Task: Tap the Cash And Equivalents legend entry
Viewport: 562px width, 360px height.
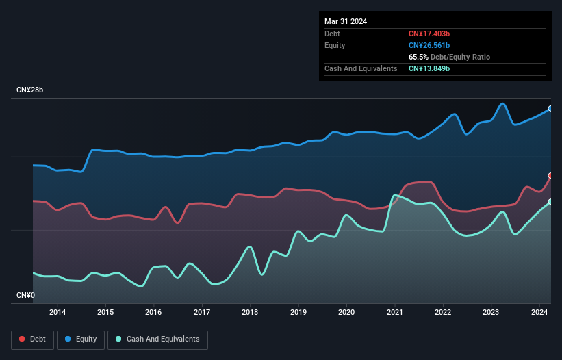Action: pyautogui.click(x=157, y=339)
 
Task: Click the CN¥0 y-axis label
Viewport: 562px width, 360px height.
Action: pyautogui.click(x=26, y=296)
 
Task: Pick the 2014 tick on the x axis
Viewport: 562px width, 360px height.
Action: pyautogui.click(x=58, y=313)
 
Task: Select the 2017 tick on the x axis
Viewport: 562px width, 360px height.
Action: pyautogui.click(x=203, y=313)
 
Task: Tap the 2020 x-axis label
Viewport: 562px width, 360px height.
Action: pyautogui.click(x=347, y=313)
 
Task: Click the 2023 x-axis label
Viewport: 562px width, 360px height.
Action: pyautogui.click(x=491, y=313)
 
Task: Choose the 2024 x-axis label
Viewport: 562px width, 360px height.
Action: pyautogui.click(x=540, y=313)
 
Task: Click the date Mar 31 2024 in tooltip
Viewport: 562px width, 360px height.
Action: pyautogui.click(x=346, y=21)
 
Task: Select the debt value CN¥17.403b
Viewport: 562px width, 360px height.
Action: pyautogui.click(x=429, y=34)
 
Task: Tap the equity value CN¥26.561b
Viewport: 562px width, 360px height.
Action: pyautogui.click(x=429, y=45)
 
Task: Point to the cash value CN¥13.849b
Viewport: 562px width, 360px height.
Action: pyautogui.click(x=429, y=68)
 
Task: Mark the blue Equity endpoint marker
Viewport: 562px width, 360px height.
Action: pyautogui.click(x=550, y=108)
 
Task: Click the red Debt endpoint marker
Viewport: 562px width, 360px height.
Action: pyautogui.click(x=550, y=176)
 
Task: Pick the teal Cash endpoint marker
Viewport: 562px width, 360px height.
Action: pyautogui.click(x=550, y=201)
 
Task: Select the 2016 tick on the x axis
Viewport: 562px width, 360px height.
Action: pyautogui.click(x=154, y=313)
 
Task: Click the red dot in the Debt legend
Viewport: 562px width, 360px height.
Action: pyautogui.click(x=22, y=339)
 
